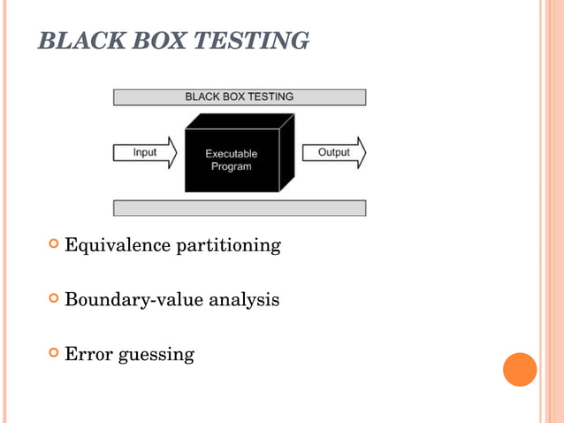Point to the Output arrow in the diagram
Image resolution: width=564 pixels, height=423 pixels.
tap(334, 152)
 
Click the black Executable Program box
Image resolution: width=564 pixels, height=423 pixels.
tap(235, 159)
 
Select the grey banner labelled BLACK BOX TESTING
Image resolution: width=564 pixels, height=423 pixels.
tap(239, 96)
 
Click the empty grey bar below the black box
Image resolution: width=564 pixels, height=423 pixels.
tap(239, 208)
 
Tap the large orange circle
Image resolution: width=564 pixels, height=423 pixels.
tap(520, 369)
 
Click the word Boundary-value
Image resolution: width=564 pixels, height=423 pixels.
tap(133, 300)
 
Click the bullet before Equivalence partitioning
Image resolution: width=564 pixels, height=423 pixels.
tap(54, 244)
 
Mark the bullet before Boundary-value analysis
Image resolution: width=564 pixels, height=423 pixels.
tap(54, 299)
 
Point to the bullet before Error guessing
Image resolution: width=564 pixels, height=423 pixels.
tap(54, 354)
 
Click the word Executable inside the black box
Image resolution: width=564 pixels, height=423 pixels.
tap(232, 153)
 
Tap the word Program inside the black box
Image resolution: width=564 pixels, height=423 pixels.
tap(232, 166)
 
